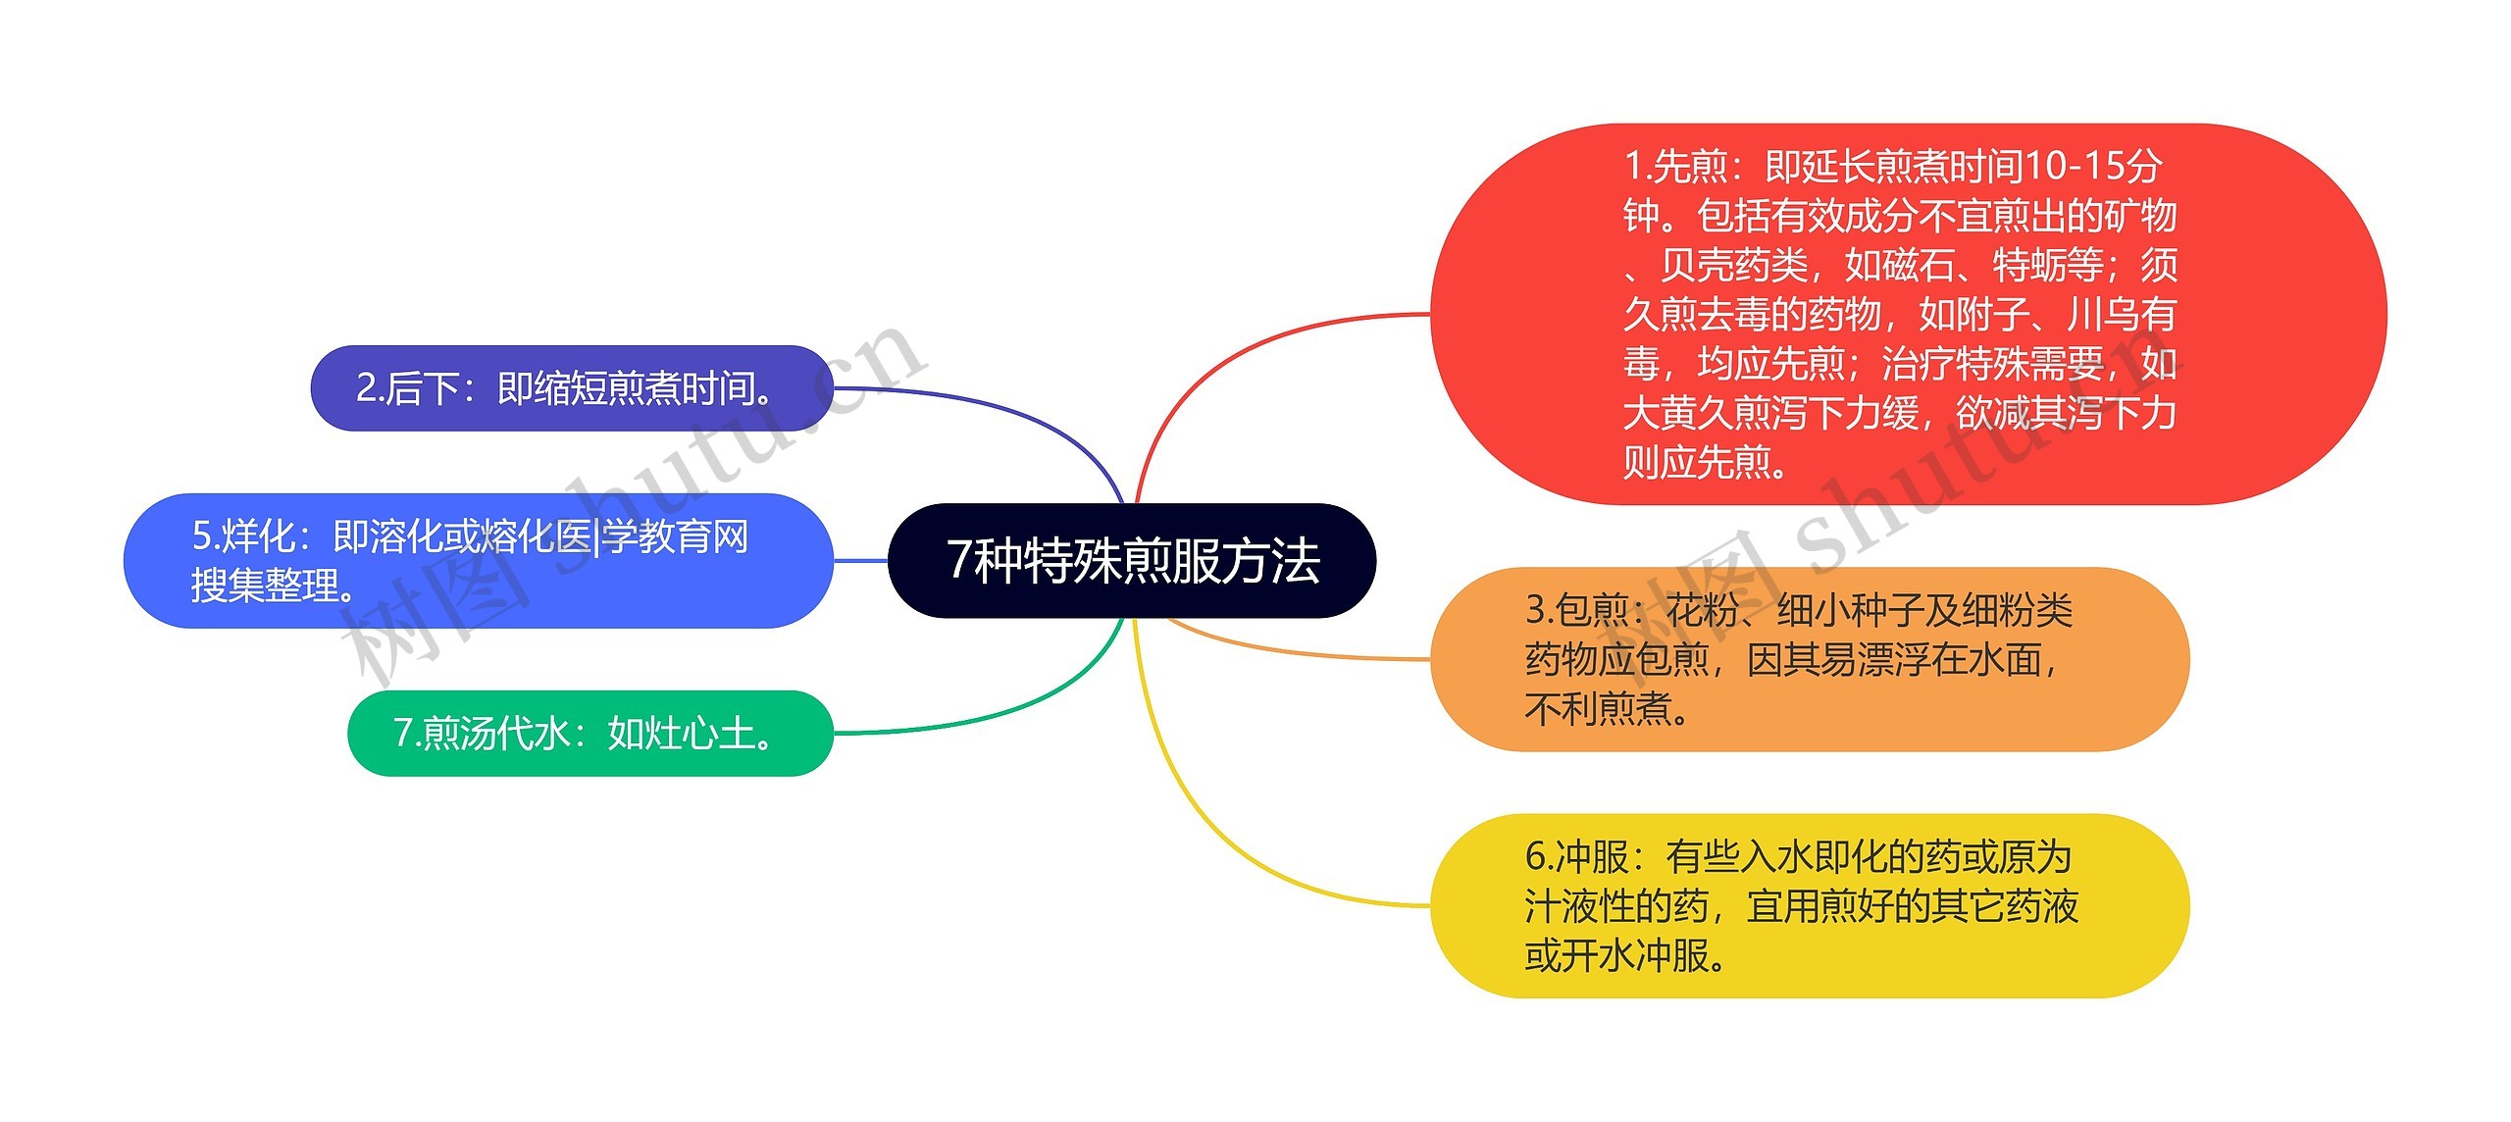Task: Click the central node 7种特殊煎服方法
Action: (1132, 561)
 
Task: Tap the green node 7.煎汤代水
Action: (589, 734)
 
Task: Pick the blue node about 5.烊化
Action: (478, 561)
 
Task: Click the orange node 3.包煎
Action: (1809, 659)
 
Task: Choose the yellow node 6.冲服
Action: (1809, 906)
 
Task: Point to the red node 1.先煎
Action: (1907, 314)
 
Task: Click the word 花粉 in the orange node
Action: (1702, 610)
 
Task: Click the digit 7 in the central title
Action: (958, 561)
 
